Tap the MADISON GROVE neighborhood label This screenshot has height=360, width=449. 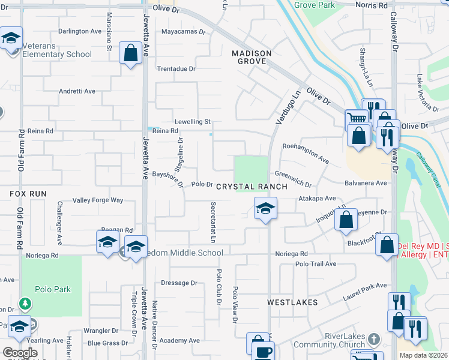[252, 57]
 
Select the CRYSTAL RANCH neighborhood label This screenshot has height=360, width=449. [252, 187]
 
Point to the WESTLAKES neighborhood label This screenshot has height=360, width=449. [292, 302]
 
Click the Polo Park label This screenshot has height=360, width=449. [53, 289]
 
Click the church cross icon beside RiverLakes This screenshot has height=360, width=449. [373, 338]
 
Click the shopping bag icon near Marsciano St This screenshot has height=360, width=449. [130, 53]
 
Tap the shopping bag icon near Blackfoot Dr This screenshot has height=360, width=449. [387, 245]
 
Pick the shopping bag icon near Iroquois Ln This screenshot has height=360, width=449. [346, 220]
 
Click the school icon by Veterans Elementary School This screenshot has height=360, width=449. [11, 38]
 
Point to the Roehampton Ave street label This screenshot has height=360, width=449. [306, 154]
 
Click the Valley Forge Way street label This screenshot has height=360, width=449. [97, 200]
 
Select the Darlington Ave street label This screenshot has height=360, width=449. [80, 31]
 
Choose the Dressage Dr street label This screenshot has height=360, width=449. [179, 283]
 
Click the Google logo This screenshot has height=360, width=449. [20, 353]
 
